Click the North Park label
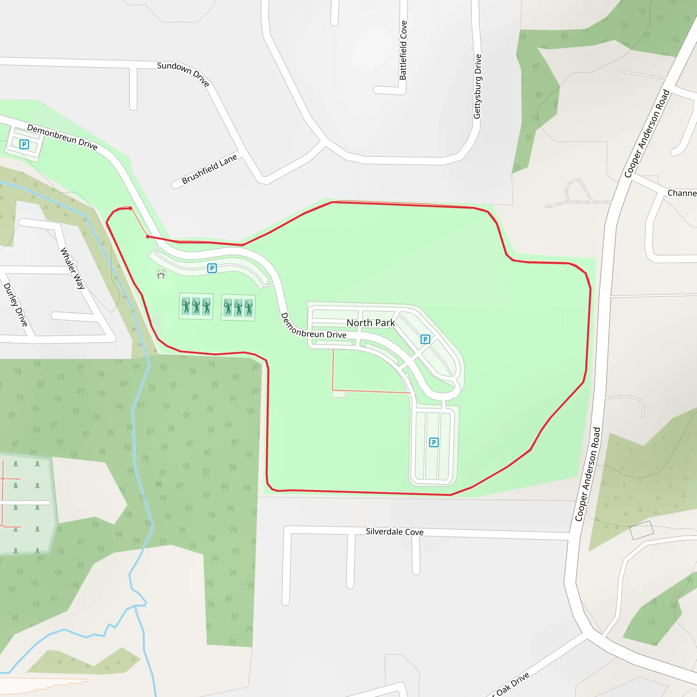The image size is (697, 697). tap(371, 323)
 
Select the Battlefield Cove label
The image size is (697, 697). tap(403, 50)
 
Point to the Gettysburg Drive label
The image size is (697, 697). tap(477, 86)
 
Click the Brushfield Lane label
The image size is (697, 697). tap(209, 169)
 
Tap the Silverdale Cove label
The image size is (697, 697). tap(394, 532)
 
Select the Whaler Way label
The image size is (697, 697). tap(72, 268)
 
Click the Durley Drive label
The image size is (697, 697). tap(16, 305)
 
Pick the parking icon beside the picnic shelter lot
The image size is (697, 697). tap(212, 268)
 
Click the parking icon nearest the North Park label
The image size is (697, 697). tap(425, 339)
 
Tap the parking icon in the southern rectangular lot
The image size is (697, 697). tap(434, 442)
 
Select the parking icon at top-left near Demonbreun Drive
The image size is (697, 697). tap(24, 144)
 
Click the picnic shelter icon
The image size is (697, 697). tap(161, 274)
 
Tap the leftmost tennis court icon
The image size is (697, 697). tap(186, 306)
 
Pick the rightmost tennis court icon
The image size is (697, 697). tap(248, 308)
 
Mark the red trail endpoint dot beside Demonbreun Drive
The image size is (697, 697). tap(148, 237)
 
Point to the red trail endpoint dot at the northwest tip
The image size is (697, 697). tap(130, 208)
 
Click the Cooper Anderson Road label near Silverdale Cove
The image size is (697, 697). tap(588, 474)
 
